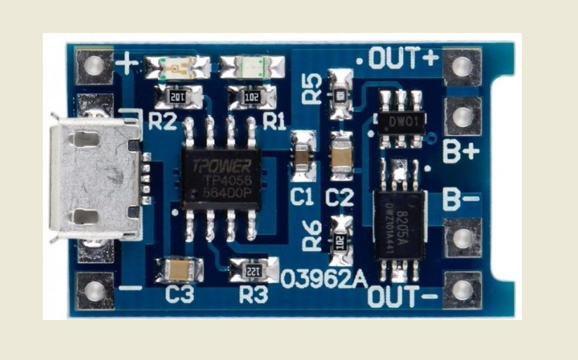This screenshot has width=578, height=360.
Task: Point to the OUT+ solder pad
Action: pyautogui.click(x=461, y=66)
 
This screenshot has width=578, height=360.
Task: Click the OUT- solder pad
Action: pyautogui.click(x=461, y=290)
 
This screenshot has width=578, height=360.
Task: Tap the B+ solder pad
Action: pyautogui.click(x=461, y=116)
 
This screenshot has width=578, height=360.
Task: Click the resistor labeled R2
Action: pyautogui.click(x=178, y=97)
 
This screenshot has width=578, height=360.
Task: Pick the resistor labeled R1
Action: pyautogui.click(x=251, y=97)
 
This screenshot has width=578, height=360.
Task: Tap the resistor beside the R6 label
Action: pyautogui.click(x=341, y=239)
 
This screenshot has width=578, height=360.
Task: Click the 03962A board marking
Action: pyautogui.click(x=324, y=279)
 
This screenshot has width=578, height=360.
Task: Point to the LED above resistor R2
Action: pyautogui.click(x=177, y=67)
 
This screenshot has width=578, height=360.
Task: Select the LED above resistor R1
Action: pyautogui.click(x=251, y=67)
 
